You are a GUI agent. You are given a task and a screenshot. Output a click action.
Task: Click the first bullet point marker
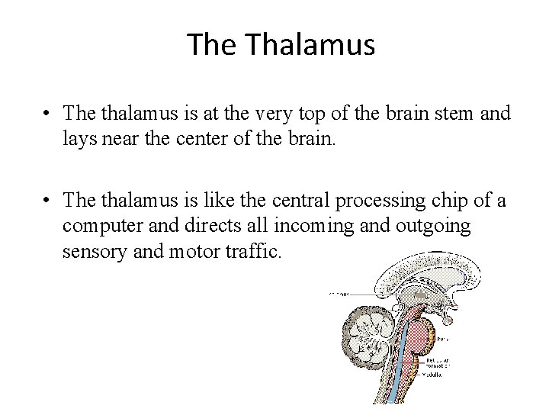[x=48, y=114]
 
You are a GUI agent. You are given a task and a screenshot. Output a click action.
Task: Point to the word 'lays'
[x=79, y=139]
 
